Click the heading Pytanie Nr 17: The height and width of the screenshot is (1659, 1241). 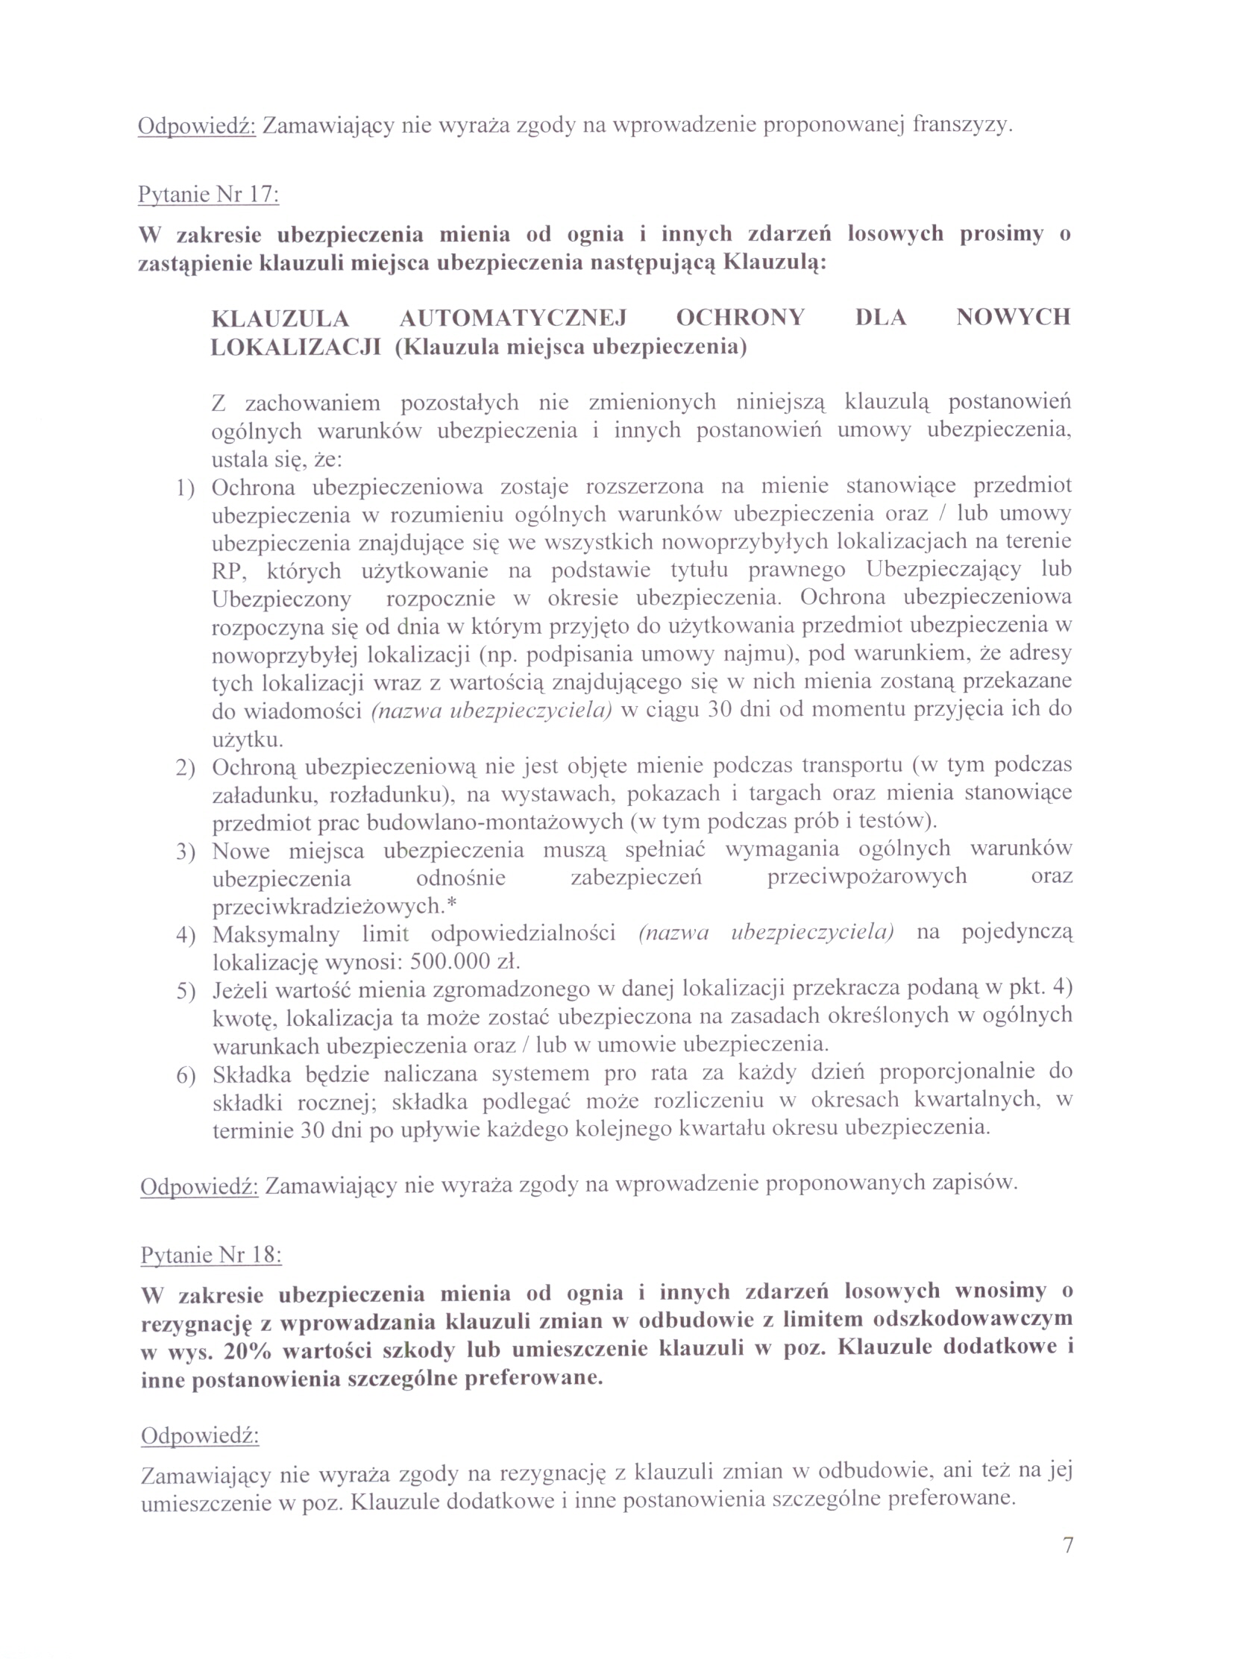coord(208,195)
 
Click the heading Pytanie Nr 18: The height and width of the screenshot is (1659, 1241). coord(211,1255)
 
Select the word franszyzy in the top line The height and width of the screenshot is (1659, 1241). coord(962,125)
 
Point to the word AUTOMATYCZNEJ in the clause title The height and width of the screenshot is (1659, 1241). coord(512,318)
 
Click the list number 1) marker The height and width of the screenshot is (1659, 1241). coord(185,489)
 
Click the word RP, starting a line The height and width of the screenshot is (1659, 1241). coord(227,571)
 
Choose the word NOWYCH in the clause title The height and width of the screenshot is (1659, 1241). coord(1013,317)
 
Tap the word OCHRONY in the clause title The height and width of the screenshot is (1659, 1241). coord(740,318)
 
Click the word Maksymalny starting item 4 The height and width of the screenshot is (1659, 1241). coord(275,934)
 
